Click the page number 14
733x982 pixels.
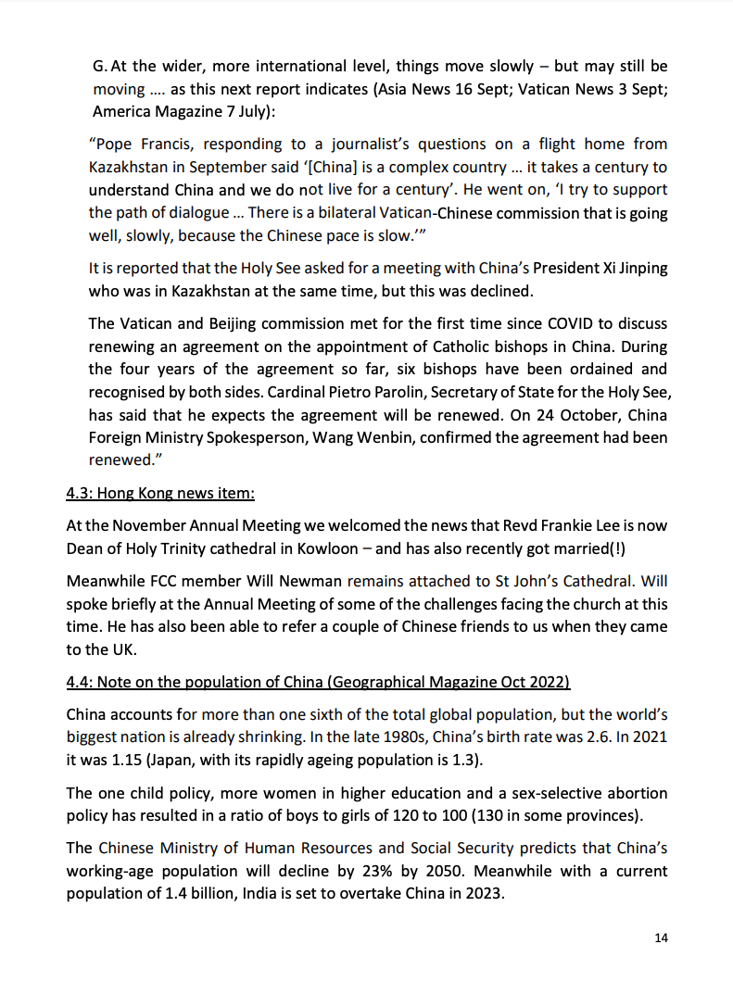pyautogui.click(x=661, y=938)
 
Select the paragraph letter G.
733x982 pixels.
pyautogui.click(x=100, y=67)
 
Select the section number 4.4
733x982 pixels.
pyautogui.click(x=77, y=683)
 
